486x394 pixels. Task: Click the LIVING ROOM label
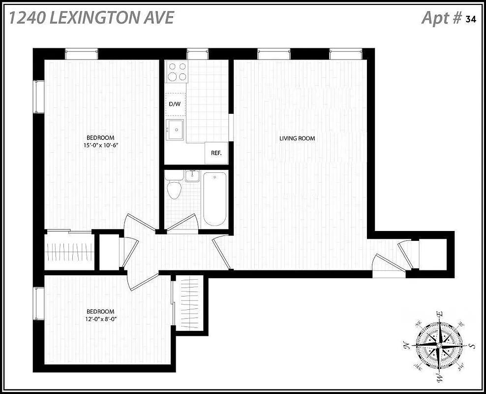(x=297, y=138)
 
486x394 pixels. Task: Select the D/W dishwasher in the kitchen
(x=175, y=104)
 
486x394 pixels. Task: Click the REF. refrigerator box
(x=216, y=153)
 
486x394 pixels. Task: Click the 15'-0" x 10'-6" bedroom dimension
(x=102, y=145)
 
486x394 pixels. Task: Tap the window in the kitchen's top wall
(x=198, y=54)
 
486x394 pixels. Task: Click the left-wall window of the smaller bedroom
(x=38, y=304)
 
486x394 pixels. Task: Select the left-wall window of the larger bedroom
(x=38, y=96)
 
